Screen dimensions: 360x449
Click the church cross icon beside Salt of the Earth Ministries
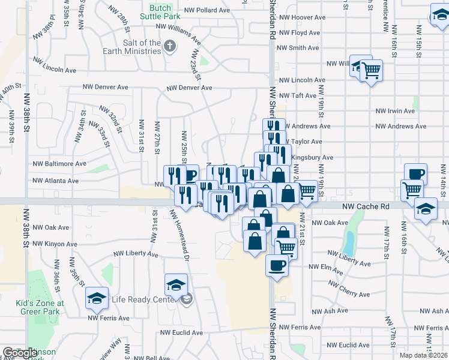170,46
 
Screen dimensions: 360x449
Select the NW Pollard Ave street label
207,10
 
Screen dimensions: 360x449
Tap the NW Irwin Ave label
395,111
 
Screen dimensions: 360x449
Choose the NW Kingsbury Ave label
312,158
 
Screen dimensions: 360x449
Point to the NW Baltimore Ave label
59,163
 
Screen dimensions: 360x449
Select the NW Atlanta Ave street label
55,180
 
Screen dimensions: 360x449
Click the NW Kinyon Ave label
55,244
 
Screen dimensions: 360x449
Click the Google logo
20,353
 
